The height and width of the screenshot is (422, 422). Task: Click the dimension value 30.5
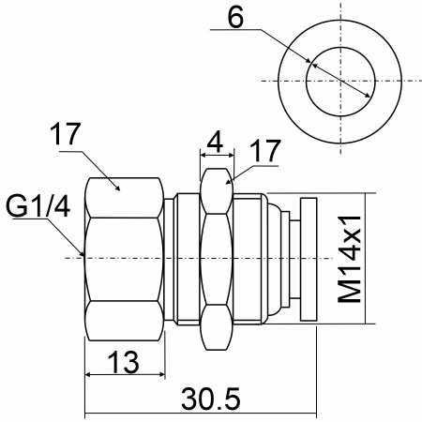coord(211,399)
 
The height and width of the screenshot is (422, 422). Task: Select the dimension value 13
coord(123,362)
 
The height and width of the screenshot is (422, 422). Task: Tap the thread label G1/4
coord(38,206)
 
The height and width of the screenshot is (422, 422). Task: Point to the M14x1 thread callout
coord(350,259)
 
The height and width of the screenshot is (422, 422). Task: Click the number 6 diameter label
coord(235,18)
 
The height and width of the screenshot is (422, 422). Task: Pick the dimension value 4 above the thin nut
coord(215,142)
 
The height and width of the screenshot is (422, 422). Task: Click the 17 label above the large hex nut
coord(66,133)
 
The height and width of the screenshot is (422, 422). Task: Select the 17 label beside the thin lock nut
coord(265,151)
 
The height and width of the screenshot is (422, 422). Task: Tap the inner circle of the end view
coord(340,47)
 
